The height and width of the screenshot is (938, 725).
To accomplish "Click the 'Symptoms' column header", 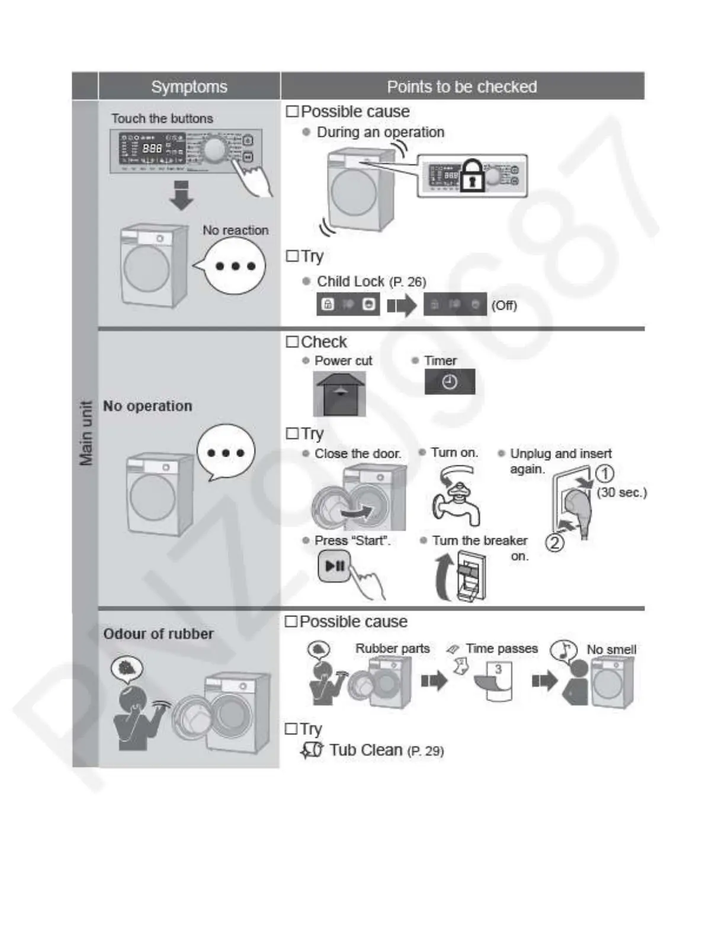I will [189, 86].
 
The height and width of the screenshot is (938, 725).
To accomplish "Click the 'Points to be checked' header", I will [462, 86].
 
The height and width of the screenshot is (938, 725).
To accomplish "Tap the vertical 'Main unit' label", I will [86, 433].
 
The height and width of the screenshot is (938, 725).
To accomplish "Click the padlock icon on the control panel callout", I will [472, 175].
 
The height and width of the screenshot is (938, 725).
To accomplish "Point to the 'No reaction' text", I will [235, 230].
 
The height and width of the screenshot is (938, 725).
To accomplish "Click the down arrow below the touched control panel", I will [181, 196].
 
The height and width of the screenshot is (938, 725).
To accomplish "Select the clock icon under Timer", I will [450, 382].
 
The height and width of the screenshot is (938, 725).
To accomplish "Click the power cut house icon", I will [339, 394].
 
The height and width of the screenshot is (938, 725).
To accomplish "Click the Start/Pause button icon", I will [334, 566].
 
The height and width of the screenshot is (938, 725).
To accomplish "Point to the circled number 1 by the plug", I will [604, 473].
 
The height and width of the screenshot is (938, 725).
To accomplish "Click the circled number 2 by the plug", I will [554, 542].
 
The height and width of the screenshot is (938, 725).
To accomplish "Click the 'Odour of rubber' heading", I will [158, 634].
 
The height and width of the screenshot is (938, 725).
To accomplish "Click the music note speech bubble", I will [563, 650].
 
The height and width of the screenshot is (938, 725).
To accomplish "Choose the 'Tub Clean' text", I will [365, 750].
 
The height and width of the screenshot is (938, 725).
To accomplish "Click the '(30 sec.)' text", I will [621, 492].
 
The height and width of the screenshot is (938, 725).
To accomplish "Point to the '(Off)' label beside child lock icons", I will [504, 306].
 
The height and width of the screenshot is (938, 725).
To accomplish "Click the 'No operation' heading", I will [147, 406].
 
